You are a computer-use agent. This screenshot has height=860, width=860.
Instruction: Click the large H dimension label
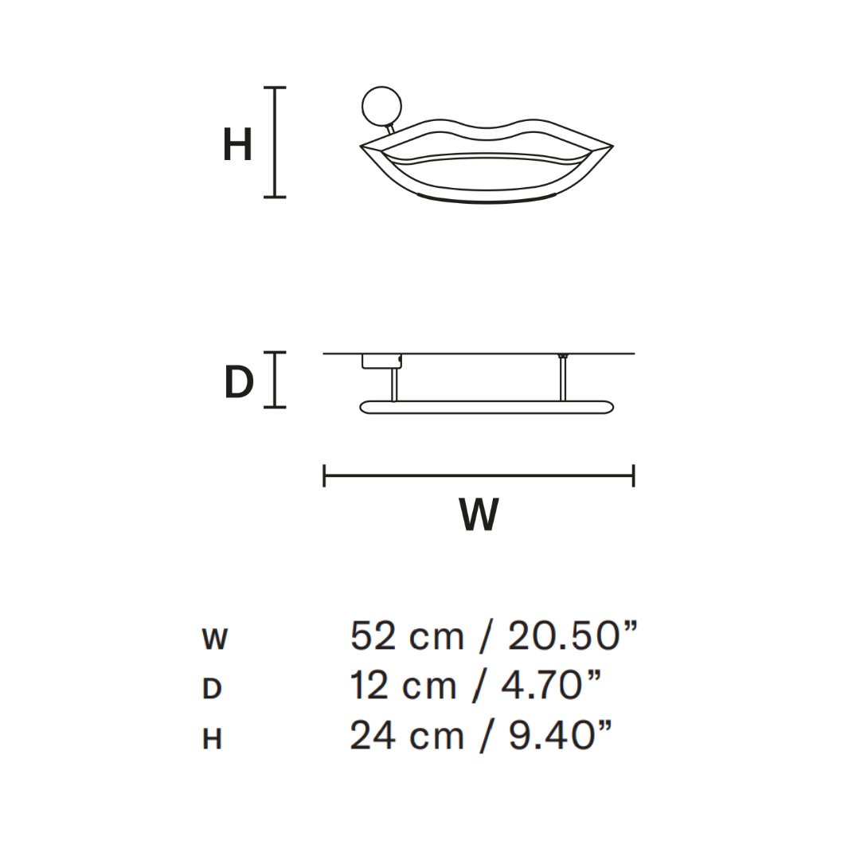237,146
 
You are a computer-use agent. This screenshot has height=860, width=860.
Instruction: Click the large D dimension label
239,383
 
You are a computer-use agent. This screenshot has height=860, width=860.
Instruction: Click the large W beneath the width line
479,515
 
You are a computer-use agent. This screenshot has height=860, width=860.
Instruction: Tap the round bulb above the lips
381,106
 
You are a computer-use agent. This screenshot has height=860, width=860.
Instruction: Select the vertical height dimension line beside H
275,142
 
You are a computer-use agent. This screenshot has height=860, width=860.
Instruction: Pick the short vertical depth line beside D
275,380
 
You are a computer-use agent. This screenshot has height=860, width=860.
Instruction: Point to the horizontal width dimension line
479,476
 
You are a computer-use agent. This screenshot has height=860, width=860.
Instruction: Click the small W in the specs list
215,639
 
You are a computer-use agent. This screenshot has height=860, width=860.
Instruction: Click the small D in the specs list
212,689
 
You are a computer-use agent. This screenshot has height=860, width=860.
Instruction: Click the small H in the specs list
212,740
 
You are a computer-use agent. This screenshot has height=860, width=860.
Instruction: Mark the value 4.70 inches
550,686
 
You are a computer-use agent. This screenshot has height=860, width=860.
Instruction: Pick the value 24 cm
406,737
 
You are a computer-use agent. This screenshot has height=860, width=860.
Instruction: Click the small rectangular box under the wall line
381,362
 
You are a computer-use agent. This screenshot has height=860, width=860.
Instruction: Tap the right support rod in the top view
563,379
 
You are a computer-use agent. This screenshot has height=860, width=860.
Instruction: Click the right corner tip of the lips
611,147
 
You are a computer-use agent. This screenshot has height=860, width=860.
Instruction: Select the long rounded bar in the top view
487,408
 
